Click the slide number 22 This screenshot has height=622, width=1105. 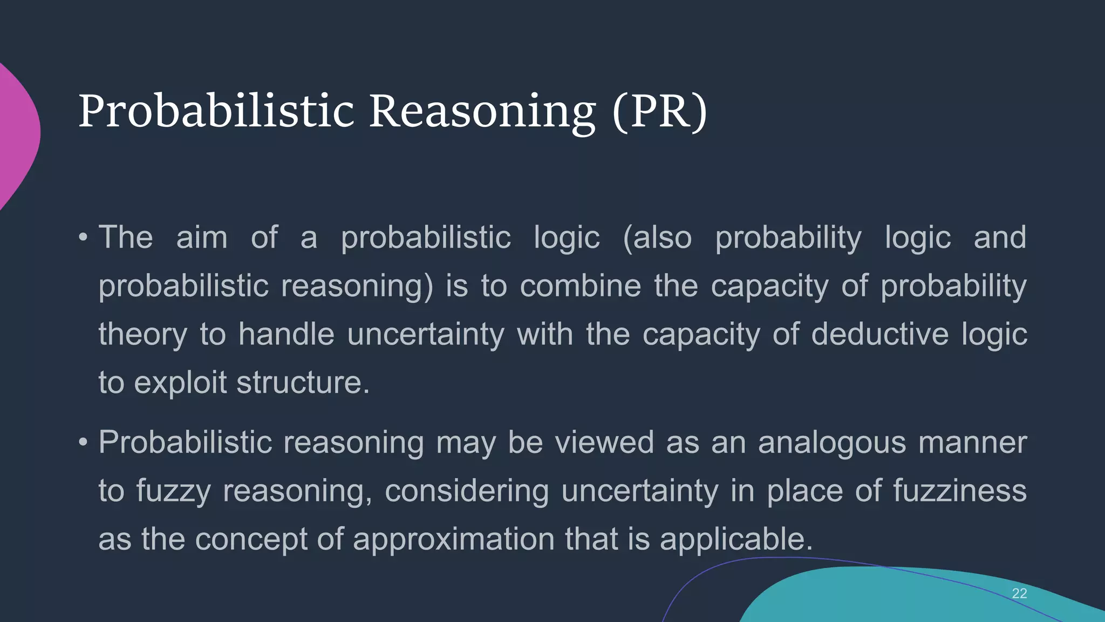(1019, 593)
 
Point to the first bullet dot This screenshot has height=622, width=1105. (83, 238)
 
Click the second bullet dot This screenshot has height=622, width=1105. (83, 443)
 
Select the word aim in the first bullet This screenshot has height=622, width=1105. (202, 238)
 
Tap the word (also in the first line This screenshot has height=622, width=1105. (657, 238)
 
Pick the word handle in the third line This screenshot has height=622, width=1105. (286, 334)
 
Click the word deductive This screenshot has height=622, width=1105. (879, 334)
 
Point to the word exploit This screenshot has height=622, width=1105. (180, 382)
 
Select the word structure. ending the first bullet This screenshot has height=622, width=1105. (303, 382)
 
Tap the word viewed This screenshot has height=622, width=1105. (604, 443)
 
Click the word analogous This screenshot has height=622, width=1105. (831, 443)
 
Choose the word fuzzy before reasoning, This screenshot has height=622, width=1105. (173, 491)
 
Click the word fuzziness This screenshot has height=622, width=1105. (959, 491)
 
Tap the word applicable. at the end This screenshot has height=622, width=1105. (736, 539)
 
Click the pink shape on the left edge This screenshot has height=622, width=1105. (16, 135)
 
